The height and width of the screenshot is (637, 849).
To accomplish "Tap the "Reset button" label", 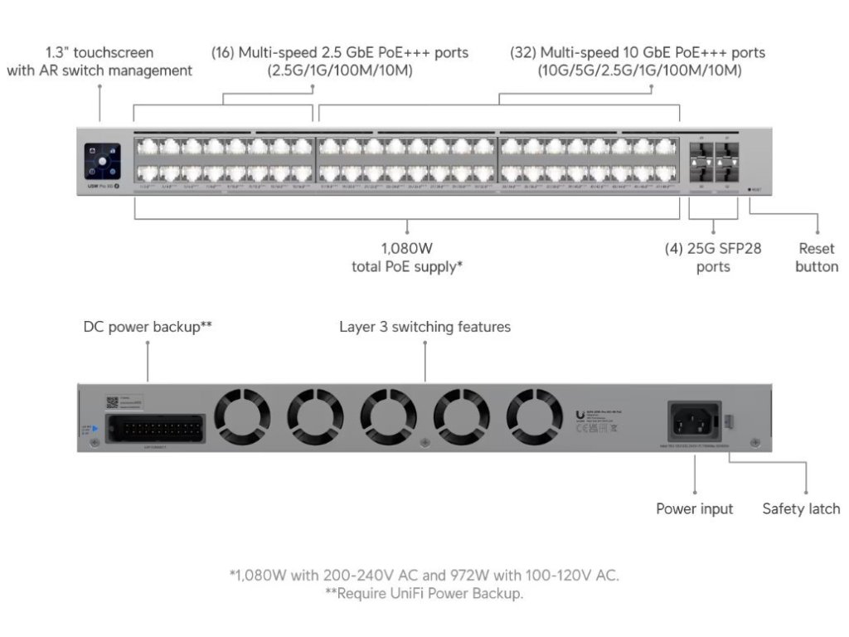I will coord(817,257).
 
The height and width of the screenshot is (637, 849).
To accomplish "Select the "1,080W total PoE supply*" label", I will coord(406,257).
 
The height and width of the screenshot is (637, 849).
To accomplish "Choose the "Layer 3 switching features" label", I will coord(424,327).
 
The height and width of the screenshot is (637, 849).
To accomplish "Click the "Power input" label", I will coord(695,508).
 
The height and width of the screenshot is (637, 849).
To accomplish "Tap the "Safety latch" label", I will coord(801,508).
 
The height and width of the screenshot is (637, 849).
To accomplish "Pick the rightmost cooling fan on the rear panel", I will coord(535,415).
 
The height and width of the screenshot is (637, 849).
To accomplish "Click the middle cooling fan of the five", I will coord(389,415).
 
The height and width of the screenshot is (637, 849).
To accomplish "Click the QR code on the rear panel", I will coord(113,401).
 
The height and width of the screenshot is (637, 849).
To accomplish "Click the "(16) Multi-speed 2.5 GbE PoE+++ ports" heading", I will coord(340,52).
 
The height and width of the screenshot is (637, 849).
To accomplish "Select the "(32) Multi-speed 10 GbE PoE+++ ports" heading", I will coord(638,52).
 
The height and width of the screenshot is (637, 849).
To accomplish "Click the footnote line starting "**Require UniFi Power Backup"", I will coord(424,594).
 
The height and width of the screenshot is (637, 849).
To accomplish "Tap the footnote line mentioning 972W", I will coord(424,575).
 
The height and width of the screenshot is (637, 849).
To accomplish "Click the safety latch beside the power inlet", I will coord(730,420).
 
